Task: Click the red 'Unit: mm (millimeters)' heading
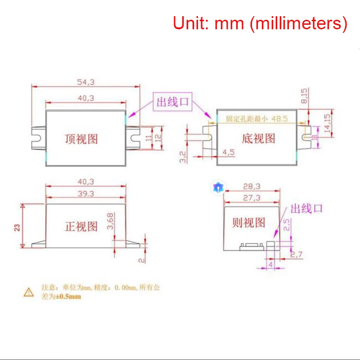[260, 23]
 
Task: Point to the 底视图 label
[258, 138]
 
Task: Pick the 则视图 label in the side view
[249, 222]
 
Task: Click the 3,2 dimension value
[183, 157]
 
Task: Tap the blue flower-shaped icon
[218, 188]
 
